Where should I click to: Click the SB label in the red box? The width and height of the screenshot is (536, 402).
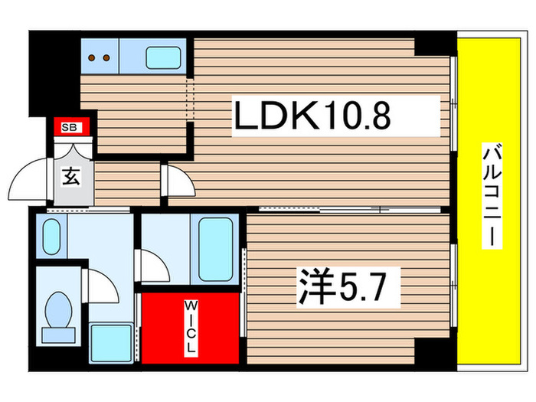[68, 127]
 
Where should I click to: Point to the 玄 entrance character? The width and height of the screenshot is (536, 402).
[70, 178]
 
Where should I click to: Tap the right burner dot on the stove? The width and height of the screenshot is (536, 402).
[108, 57]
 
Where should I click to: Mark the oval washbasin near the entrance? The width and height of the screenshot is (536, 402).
[51, 237]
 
